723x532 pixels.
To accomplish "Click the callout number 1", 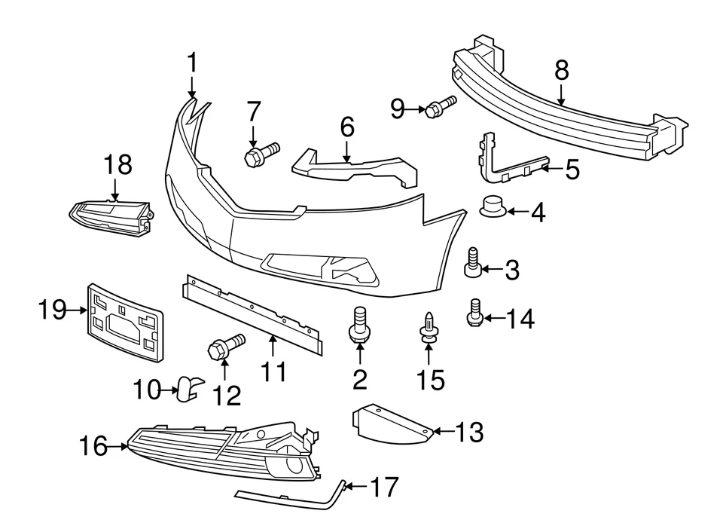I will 192,63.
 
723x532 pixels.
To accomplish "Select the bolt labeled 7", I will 261,154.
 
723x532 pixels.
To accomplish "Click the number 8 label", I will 562,72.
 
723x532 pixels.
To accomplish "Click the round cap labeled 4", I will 493,205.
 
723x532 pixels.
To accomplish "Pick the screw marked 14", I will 474,313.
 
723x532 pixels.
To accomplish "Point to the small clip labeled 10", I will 188,386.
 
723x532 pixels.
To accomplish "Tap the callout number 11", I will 274,371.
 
